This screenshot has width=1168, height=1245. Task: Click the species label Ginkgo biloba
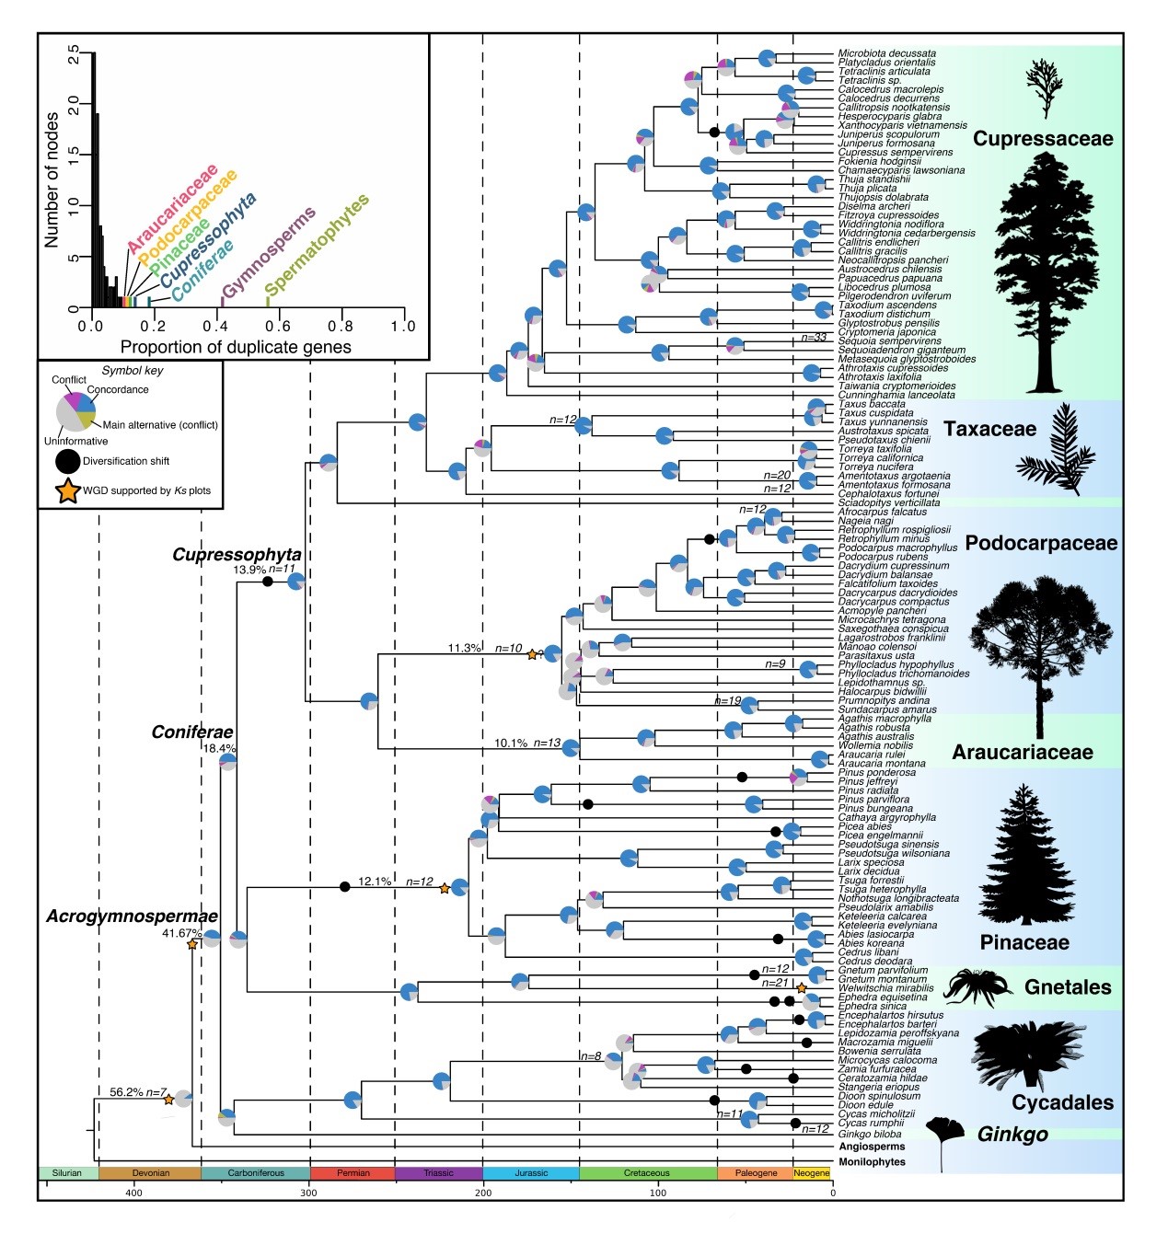click(x=870, y=1134)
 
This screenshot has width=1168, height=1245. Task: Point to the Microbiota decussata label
click(x=886, y=53)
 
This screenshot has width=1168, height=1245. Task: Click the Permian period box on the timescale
click(x=353, y=1173)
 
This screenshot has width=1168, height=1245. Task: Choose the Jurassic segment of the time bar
click(x=531, y=1173)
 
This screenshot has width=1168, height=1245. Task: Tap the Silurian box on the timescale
click(x=67, y=1173)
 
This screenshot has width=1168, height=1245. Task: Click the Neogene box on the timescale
click(x=811, y=1173)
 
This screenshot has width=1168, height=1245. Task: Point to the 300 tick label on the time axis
click(x=308, y=1193)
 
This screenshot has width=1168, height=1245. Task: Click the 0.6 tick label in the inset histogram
click(x=279, y=326)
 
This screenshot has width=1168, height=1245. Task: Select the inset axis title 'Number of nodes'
click(x=52, y=179)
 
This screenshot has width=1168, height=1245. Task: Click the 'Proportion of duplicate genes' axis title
click(x=236, y=347)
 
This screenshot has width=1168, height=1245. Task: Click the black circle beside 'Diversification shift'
click(x=68, y=461)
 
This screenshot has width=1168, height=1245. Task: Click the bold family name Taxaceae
click(x=989, y=429)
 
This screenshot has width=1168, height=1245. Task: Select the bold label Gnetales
click(x=1068, y=987)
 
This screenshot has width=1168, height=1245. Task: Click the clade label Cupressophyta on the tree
click(x=237, y=555)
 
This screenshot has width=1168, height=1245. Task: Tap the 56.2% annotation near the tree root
click(x=126, y=1092)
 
